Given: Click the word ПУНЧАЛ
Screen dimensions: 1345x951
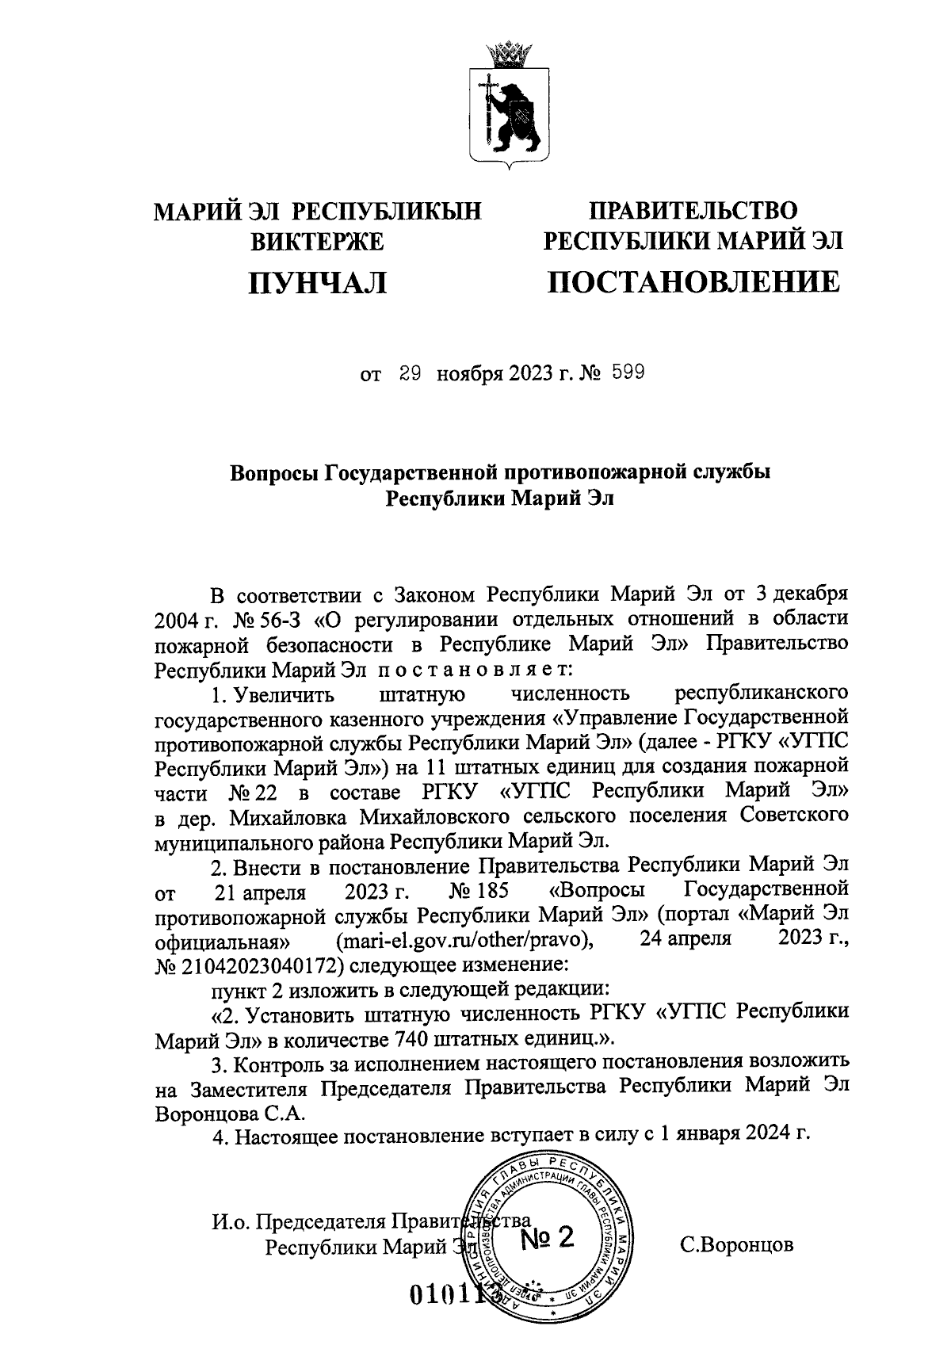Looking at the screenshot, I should coord(316,282).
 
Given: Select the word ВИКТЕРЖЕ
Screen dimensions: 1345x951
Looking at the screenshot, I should coord(317,241).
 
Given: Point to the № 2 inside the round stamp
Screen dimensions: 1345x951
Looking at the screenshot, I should coord(547,1238).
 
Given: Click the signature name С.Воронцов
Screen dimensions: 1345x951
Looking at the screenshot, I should coord(737,1244).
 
